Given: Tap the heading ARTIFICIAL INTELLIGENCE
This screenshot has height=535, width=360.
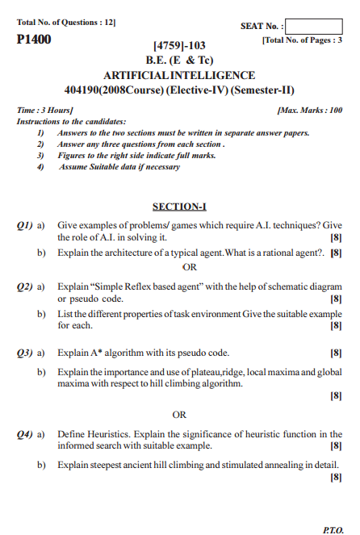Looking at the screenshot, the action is coord(179,74).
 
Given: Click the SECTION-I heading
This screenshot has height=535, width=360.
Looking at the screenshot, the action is coord(179,206).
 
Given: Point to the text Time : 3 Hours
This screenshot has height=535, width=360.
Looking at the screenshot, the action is coord(45,109).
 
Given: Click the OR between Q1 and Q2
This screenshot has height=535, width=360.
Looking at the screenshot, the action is coord(190,266).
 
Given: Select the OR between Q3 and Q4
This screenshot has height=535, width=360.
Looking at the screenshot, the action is coord(179,415).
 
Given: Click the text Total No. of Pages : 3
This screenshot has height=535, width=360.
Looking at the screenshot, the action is coord(302,40).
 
